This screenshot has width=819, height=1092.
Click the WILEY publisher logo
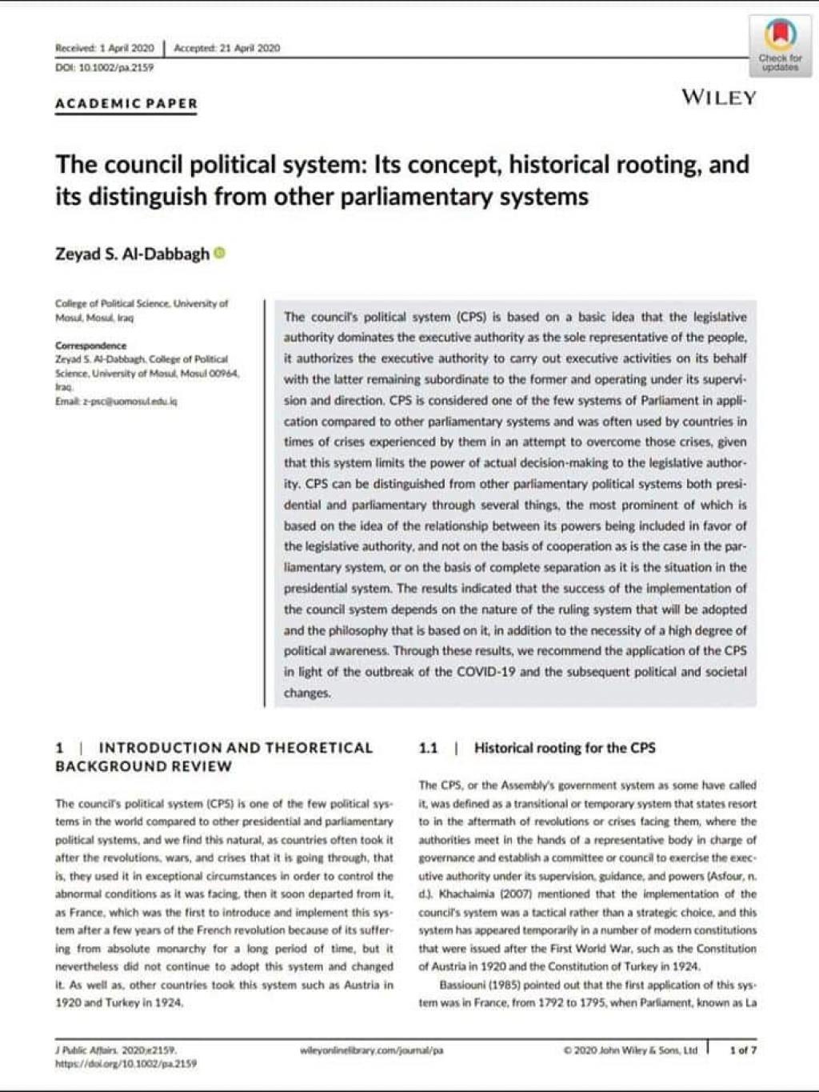click(718, 98)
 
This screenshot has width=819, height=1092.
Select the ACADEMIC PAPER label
click(126, 103)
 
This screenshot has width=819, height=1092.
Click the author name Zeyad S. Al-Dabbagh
click(132, 254)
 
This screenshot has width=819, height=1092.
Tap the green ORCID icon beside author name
click(220, 254)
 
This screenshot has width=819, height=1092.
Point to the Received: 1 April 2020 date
click(104, 48)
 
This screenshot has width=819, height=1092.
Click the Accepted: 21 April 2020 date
click(226, 48)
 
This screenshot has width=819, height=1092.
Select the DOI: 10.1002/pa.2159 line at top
click(104, 67)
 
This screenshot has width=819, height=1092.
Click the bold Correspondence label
click(90, 346)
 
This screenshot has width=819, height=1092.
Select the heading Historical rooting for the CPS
click(565, 748)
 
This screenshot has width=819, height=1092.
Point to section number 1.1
click(428, 748)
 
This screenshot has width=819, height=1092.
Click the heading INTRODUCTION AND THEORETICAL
click(235, 748)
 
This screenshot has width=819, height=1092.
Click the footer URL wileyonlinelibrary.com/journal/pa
click(370, 1050)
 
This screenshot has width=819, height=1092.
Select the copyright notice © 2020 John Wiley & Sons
click(630, 1050)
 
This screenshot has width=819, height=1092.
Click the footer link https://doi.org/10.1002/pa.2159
click(126, 1064)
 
